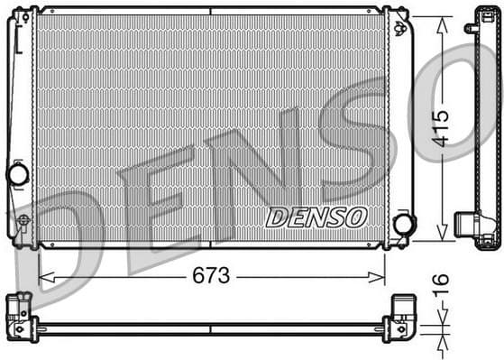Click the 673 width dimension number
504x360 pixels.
point(211,274)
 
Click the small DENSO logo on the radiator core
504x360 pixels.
point(316,217)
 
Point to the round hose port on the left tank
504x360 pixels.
point(18,173)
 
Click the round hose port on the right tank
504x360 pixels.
point(404,224)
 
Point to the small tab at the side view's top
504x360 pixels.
point(470,27)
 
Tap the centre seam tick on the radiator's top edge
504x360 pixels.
point(210,11)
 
